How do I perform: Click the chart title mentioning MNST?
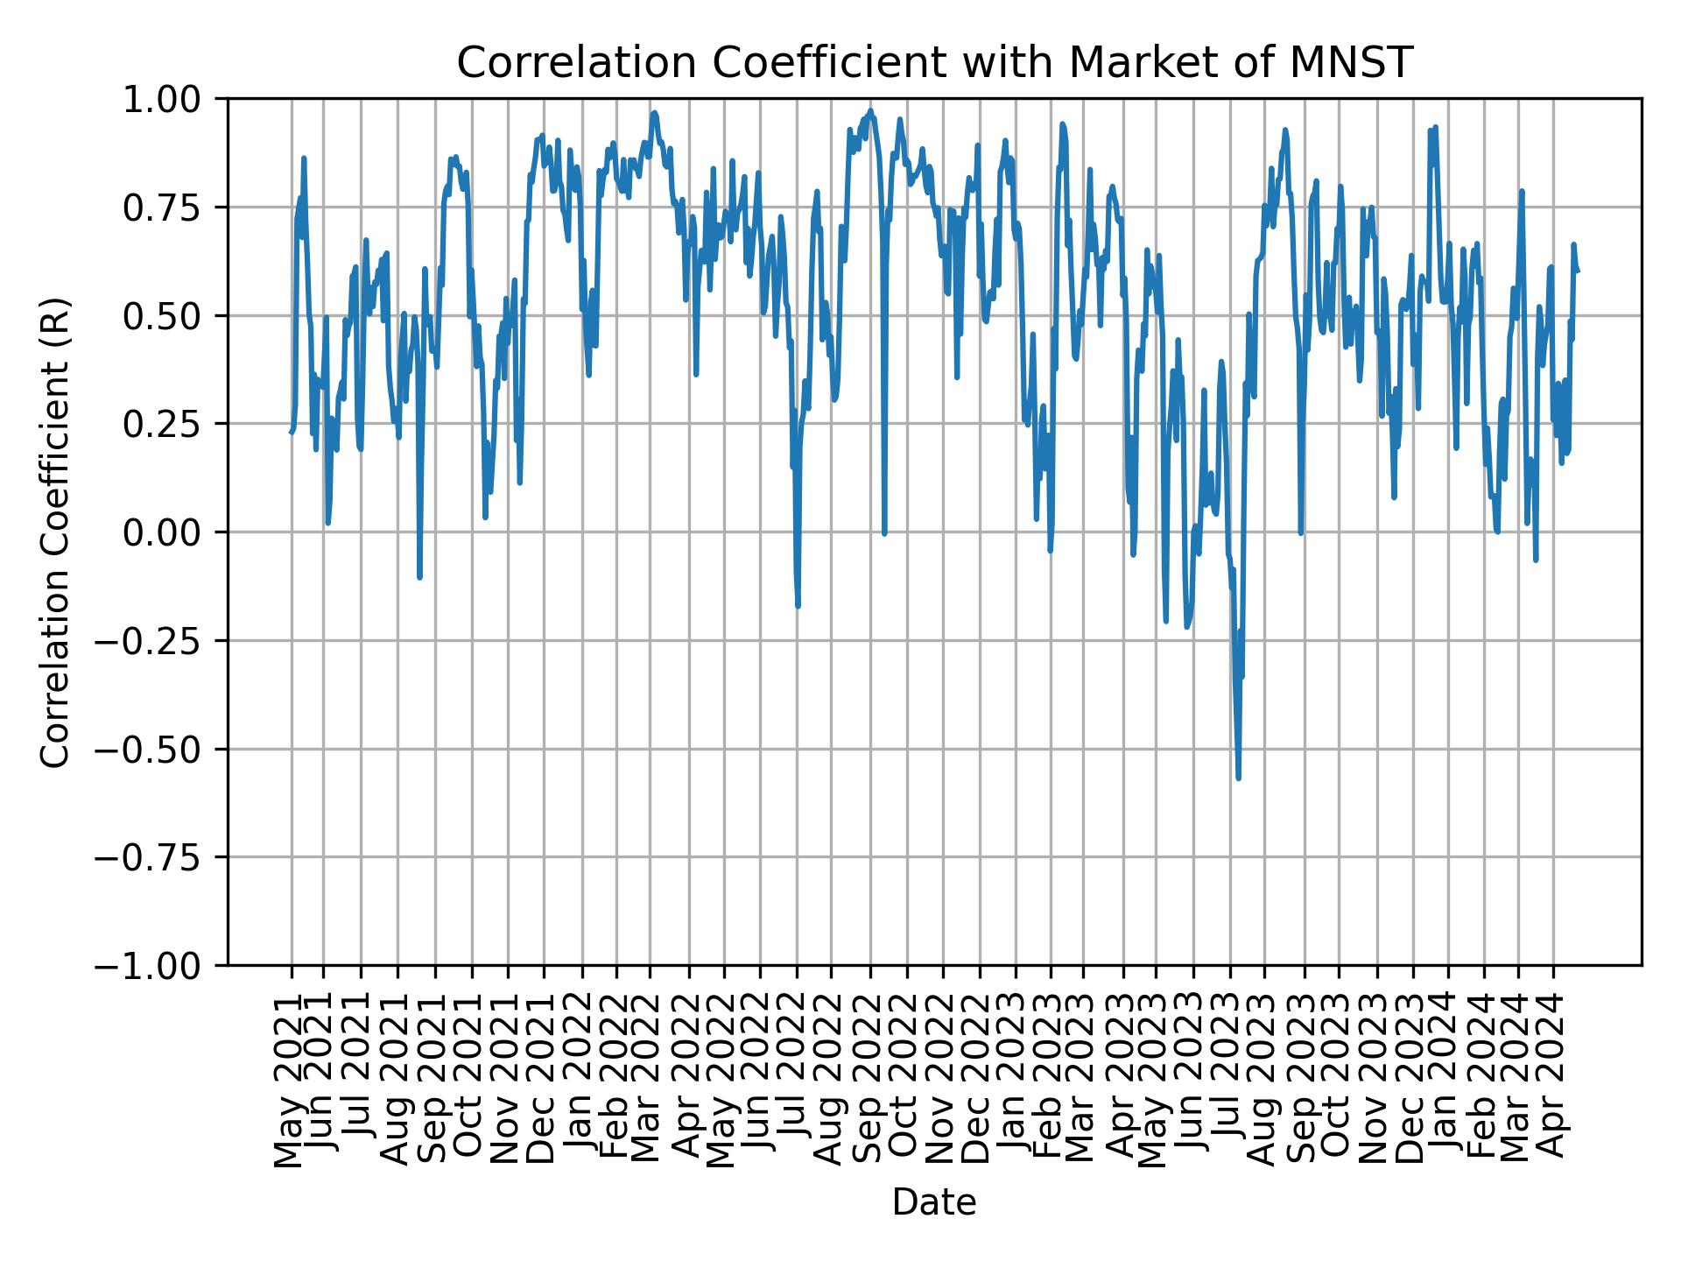[x=934, y=63]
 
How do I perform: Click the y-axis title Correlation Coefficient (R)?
[x=55, y=532]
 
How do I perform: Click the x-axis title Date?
[x=933, y=1203]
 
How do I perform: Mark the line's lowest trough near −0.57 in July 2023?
[x=1238, y=778]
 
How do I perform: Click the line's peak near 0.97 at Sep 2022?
[x=870, y=111]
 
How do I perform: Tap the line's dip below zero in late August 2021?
[x=419, y=577]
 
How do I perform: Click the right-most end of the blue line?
[x=1578, y=271]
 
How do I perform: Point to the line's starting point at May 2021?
[x=291, y=432]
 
